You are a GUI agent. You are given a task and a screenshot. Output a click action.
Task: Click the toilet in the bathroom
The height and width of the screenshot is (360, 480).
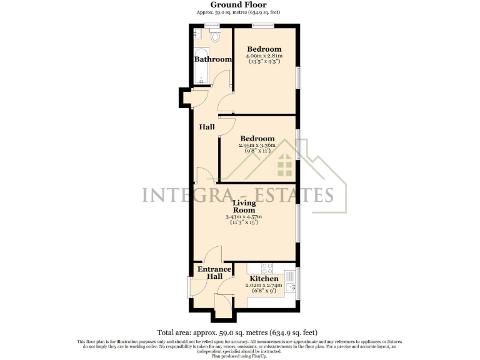(216, 36)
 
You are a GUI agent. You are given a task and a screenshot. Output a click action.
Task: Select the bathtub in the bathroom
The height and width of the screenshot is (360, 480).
(201, 66)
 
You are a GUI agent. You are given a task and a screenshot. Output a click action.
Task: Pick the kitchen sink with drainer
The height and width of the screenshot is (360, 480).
(291, 283)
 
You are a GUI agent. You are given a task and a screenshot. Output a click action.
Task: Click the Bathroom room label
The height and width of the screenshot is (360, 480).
(212, 59)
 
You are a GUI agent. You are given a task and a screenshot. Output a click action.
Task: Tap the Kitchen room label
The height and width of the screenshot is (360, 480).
(264, 278)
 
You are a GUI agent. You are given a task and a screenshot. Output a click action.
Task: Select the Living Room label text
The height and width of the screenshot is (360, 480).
(244, 207)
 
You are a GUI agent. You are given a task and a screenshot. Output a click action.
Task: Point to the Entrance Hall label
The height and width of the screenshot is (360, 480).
(214, 273)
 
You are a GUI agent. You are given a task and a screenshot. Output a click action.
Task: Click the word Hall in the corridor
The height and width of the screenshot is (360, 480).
(207, 127)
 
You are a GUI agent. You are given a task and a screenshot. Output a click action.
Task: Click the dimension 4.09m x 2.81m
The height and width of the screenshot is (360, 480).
(264, 56)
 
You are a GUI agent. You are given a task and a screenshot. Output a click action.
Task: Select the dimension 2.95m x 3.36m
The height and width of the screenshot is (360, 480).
(257, 145)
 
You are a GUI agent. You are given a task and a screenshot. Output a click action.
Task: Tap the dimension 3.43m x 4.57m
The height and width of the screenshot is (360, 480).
(244, 217)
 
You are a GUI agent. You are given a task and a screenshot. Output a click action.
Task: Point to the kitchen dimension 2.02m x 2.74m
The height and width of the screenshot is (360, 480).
(264, 285)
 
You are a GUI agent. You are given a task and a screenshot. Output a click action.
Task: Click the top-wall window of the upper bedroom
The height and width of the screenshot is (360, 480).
(263, 26)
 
